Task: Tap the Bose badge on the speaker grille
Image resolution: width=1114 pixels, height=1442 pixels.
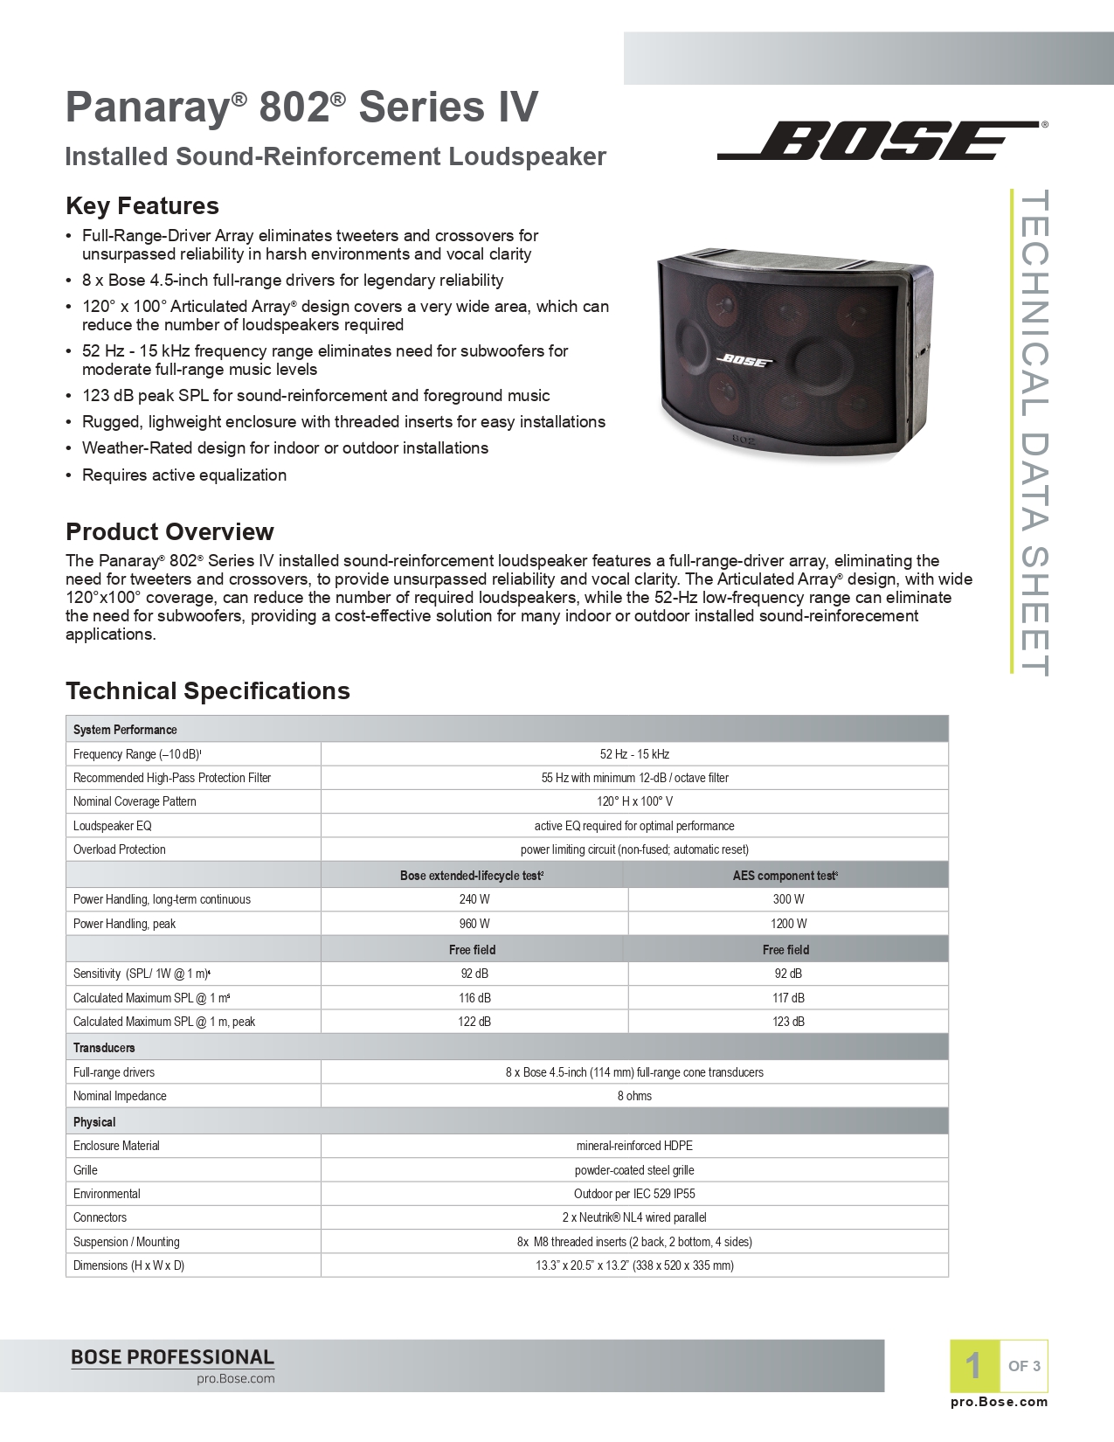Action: (x=744, y=359)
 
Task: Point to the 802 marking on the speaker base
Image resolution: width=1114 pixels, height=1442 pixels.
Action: (x=743, y=440)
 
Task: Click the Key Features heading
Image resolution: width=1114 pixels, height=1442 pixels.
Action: (x=142, y=206)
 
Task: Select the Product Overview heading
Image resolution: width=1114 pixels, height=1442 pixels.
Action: (x=170, y=532)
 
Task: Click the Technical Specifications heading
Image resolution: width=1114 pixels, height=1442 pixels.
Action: (x=208, y=691)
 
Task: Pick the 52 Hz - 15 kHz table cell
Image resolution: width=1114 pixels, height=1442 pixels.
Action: (x=634, y=754)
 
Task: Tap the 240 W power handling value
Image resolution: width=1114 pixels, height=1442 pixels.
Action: (x=474, y=899)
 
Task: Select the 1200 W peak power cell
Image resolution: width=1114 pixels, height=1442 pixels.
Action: (x=788, y=924)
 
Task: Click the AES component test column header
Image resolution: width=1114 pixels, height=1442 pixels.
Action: (x=785, y=876)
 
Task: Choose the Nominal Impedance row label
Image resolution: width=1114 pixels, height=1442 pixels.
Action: (x=120, y=1096)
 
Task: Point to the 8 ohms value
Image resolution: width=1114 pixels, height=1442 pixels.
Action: (x=634, y=1096)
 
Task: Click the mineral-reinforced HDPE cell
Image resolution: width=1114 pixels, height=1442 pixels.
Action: (x=634, y=1146)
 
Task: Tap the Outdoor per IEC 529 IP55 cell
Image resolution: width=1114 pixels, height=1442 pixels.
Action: (x=634, y=1194)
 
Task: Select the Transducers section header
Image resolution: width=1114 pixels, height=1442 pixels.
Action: (x=104, y=1048)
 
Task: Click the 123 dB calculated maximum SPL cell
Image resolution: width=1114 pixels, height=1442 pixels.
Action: (x=788, y=1022)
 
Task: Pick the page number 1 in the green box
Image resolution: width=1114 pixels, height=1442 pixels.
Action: (x=973, y=1366)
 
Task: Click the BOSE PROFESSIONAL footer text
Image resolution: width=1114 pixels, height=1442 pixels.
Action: (x=172, y=1357)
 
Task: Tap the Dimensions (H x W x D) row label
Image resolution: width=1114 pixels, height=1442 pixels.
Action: (x=128, y=1265)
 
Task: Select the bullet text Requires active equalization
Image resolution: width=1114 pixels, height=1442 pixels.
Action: (x=184, y=475)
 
